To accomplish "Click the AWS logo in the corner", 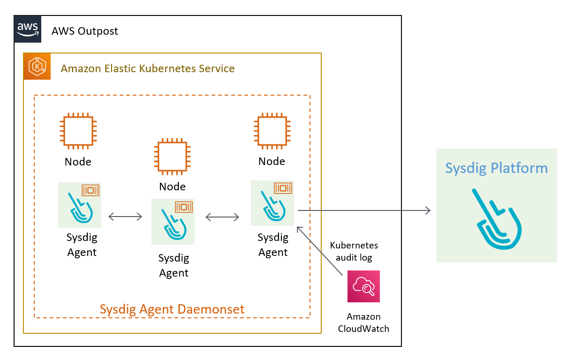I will pyautogui.click(x=28, y=29).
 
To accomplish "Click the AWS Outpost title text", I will pyautogui.click(x=84, y=31).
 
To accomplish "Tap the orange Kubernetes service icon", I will pyautogui.click(x=37, y=67).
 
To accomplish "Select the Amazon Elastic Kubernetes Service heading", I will pyautogui.click(x=148, y=68).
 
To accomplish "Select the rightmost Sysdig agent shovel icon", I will pyautogui.click(x=272, y=203).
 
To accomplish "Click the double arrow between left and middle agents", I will pyautogui.click(x=125, y=217).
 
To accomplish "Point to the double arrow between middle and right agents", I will pyautogui.click(x=222, y=217).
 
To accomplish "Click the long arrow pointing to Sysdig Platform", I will pyautogui.click(x=364, y=211).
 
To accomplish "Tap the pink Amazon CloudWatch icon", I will pyautogui.click(x=363, y=286).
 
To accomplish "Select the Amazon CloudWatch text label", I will pyautogui.click(x=363, y=322).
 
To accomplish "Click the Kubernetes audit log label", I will pyautogui.click(x=354, y=251).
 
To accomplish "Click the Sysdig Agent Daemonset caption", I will pyautogui.click(x=172, y=309).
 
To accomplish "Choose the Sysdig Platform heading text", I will pyautogui.click(x=496, y=168).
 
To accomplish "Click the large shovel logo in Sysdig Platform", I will pyautogui.click(x=497, y=219).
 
